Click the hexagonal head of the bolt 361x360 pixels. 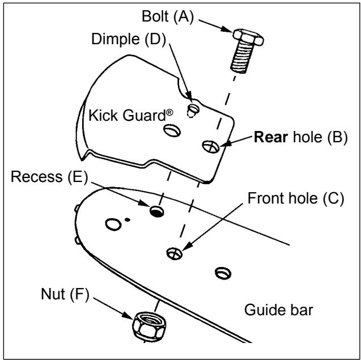pos(248,37)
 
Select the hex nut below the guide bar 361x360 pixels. pos(149,325)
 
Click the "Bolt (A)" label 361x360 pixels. pos(168,16)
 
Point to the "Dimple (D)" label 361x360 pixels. pos(129,39)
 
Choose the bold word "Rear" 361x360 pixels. pos(271,137)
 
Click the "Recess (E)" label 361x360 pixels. pos(49,177)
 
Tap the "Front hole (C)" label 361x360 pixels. pos(296,198)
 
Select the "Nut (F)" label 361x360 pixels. pos(65,294)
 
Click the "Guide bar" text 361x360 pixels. pos(279,310)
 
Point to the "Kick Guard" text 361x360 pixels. pos(127,116)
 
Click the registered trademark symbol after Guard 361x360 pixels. pos(169,113)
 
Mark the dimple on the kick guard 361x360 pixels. pos(193,110)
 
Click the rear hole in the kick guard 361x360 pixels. pos(211,147)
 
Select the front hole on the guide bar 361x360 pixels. pos(175,253)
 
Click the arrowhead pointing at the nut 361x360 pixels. pos(128,316)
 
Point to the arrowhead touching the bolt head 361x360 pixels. pos(227,29)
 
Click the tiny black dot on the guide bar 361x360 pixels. pos(128,220)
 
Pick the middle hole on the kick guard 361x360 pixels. pos(172,130)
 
